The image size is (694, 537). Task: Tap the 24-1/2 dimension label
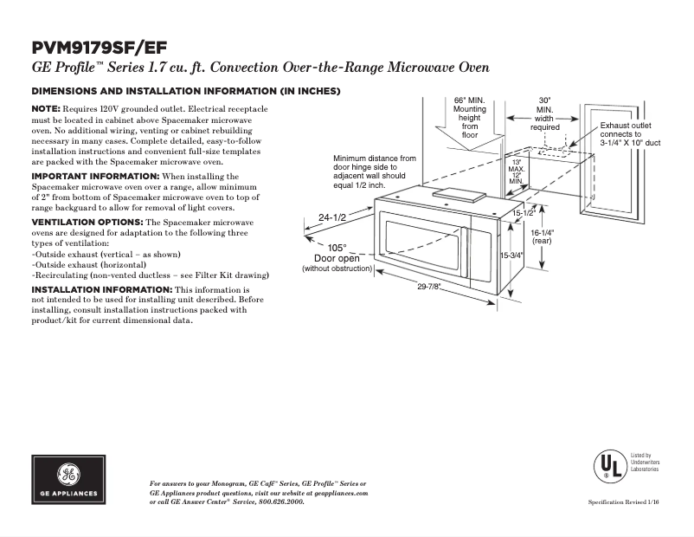point(332,217)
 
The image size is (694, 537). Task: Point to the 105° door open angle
point(337,248)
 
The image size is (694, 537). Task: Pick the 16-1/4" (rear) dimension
point(542,236)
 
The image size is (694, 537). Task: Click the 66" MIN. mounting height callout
point(469,117)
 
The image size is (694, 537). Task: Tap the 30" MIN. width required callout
point(544,113)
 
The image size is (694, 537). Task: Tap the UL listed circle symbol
point(607,465)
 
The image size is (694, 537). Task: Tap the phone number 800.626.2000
point(282,501)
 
